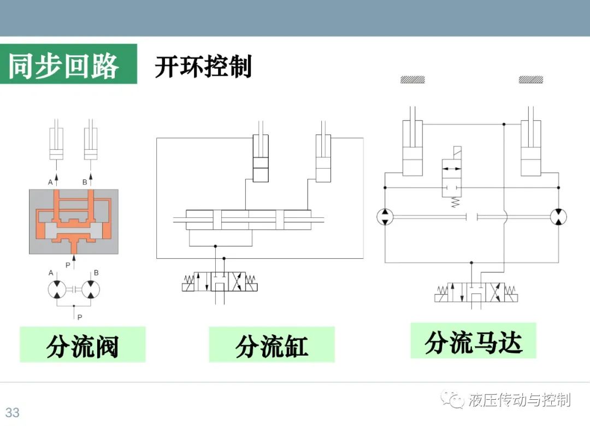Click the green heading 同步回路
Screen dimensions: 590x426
coord(63,66)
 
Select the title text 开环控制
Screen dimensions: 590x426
coord(203,67)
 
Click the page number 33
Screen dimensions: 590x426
coord(12,412)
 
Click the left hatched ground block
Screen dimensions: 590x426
coord(412,79)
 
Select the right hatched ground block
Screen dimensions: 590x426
coord(530,79)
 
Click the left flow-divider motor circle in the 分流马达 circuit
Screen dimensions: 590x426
coord(385,217)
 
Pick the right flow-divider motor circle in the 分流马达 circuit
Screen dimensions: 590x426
coord(558,217)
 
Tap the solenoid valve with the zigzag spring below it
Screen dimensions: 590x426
coord(452,177)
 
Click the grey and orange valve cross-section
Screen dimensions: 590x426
coord(74,221)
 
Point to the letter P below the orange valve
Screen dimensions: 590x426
coord(68,265)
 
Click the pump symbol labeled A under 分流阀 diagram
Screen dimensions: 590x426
coord(57,289)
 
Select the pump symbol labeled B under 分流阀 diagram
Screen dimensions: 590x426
coord(91,289)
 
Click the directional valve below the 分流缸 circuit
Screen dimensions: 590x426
coord(220,282)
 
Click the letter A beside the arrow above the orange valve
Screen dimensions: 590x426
coord(50,182)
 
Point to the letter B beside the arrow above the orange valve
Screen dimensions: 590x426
coord(85,182)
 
